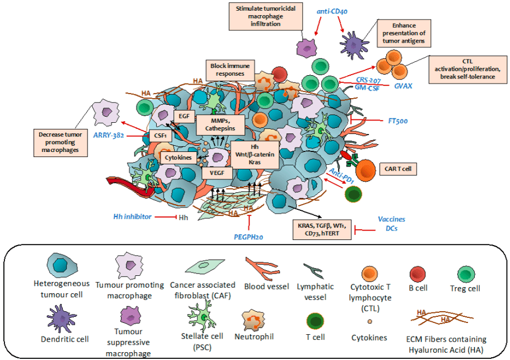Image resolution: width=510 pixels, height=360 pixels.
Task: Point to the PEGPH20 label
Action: (249, 237)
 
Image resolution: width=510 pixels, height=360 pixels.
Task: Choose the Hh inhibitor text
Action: (132, 216)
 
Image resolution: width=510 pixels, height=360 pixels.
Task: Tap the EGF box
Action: (183, 116)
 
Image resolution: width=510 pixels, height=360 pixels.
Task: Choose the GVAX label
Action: (403, 86)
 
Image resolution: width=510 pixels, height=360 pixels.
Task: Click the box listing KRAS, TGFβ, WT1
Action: (322, 230)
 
